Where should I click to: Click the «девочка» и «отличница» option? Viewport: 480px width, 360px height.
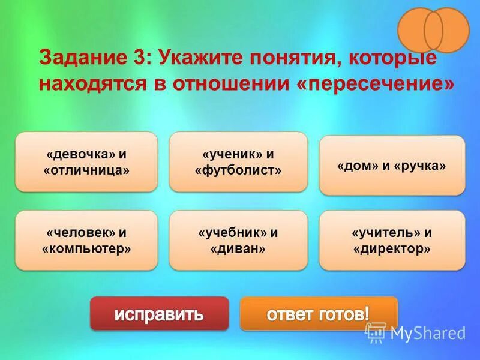coord(86,162)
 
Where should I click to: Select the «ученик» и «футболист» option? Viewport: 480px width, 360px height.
coord(238,162)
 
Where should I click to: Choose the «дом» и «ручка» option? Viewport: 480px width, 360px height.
coord(392,166)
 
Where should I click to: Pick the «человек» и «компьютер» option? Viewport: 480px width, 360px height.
coord(86,240)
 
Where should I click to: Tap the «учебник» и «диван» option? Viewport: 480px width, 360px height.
coord(238,240)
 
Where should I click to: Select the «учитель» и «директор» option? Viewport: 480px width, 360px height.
coord(392,240)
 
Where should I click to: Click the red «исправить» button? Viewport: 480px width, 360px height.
coord(159,313)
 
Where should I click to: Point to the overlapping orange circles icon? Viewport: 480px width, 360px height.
coord(433,29)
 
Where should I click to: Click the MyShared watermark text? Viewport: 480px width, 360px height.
coord(427,332)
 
